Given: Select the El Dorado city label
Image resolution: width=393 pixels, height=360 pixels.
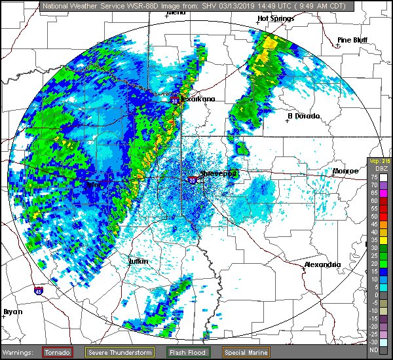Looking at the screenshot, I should point(303,116).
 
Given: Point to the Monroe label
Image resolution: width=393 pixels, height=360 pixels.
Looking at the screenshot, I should point(345,171).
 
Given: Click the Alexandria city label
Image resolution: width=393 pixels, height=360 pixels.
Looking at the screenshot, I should point(322,264).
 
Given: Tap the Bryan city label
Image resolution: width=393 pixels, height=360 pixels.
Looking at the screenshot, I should point(12,312).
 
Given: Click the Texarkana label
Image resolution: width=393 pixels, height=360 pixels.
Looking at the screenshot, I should point(197,99).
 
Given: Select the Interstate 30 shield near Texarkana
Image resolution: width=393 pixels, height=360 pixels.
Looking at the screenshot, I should point(175,101).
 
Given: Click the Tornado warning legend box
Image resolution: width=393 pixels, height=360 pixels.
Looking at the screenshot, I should point(62,352).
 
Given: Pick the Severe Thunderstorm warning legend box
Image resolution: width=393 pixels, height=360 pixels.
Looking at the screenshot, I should point(119,352).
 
